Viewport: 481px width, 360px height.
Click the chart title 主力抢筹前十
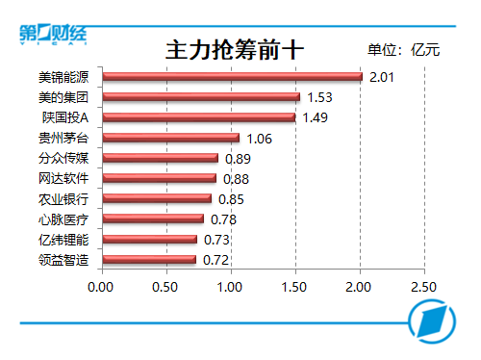[x=230, y=48]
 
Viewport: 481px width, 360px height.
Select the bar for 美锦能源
[x=231, y=76]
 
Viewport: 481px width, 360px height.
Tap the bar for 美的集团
[x=200, y=97]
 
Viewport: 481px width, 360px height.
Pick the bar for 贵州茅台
[x=169, y=138]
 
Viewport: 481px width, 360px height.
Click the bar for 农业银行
[x=156, y=198]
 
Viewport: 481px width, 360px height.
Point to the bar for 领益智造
[x=148, y=259]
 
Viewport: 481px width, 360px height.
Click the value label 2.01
[x=383, y=77]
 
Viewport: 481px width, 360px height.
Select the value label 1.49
[x=315, y=117]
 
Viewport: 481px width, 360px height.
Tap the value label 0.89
[x=237, y=158]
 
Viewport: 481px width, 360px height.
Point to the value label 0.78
[x=223, y=219]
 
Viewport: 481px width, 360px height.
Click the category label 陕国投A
[x=65, y=117]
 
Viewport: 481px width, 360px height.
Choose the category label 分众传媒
[x=63, y=158]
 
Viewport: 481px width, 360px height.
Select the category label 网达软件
[x=63, y=178]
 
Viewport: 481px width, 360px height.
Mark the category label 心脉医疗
[x=63, y=219]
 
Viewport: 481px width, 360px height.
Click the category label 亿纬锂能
[x=63, y=240]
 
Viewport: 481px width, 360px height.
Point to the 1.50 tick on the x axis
[x=294, y=287]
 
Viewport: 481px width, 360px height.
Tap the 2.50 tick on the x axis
[x=423, y=287]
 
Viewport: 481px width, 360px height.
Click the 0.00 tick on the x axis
[x=101, y=287]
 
